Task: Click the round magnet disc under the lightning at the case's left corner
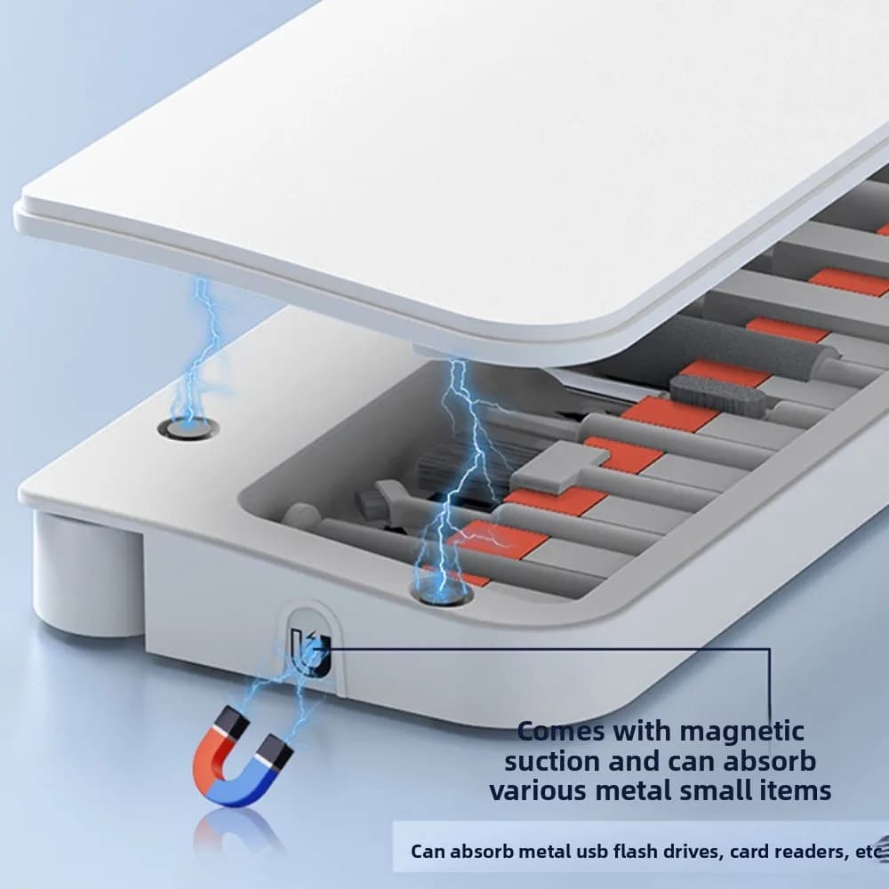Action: point(188,428)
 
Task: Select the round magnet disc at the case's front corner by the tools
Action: point(442,595)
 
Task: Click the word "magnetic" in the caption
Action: point(741,732)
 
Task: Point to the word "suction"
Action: point(552,761)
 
